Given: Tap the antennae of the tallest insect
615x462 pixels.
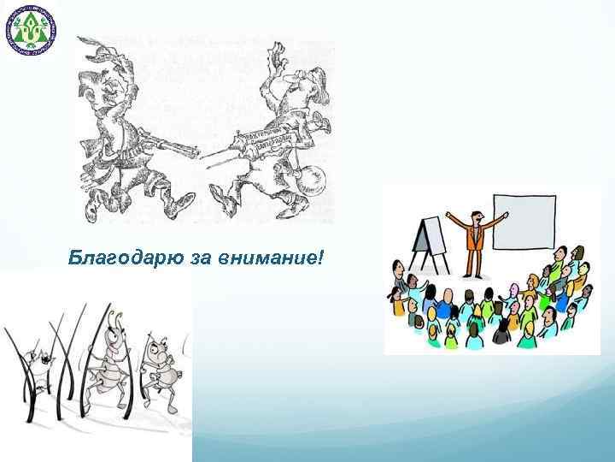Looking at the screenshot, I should (x=113, y=309).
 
